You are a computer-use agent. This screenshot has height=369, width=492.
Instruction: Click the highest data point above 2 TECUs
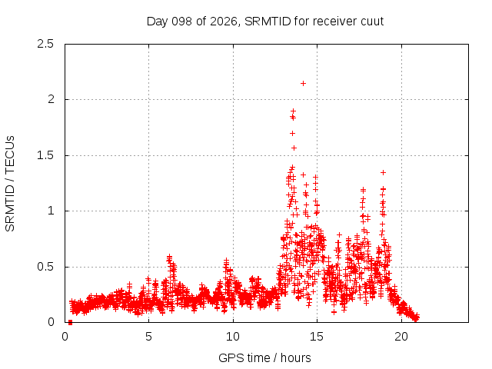(x=303, y=84)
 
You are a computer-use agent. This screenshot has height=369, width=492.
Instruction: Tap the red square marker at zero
(x=70, y=322)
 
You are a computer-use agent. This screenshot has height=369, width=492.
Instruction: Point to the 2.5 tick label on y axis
(x=45, y=44)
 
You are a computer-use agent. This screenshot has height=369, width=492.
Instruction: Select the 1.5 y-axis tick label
(x=45, y=155)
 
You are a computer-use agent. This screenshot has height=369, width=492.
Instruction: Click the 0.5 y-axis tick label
(x=45, y=267)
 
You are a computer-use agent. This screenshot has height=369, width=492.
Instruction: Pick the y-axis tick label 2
(x=51, y=99)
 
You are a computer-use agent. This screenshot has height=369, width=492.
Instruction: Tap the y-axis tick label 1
(x=51, y=211)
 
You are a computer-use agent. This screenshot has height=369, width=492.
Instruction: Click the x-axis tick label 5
(x=148, y=337)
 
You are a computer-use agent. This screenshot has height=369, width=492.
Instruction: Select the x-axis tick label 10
(x=233, y=337)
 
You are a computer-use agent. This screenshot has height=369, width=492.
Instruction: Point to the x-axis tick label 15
(x=317, y=337)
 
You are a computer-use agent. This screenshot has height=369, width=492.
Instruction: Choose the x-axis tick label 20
(x=401, y=337)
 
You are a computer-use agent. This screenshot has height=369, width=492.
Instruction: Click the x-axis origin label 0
(x=65, y=337)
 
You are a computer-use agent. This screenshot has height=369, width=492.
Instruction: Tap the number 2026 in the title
(x=224, y=22)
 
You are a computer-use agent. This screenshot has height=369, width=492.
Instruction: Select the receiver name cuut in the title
(x=372, y=22)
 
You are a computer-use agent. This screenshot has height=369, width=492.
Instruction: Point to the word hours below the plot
(x=295, y=357)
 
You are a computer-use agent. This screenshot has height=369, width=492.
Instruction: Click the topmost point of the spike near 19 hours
(x=383, y=172)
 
